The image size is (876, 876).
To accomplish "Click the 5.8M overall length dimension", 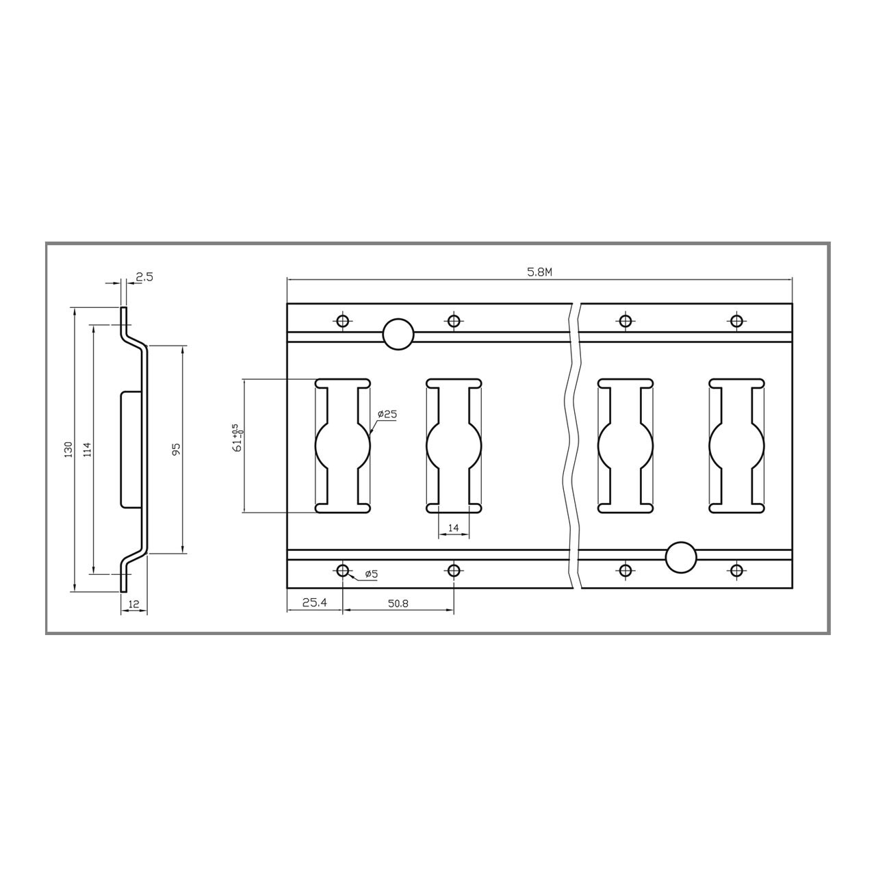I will (x=539, y=272).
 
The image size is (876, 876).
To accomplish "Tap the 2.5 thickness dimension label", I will (x=144, y=277).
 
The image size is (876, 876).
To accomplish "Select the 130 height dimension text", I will (x=68, y=450).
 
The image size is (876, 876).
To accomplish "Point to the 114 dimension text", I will (x=87, y=450).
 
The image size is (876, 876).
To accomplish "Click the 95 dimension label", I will (x=176, y=450).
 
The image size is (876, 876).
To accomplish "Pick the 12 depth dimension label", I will (x=133, y=604).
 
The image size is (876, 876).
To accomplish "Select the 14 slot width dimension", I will (x=453, y=528).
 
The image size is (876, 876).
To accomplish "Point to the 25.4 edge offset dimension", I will (x=314, y=604).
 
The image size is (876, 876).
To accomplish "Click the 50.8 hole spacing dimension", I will (x=398, y=604).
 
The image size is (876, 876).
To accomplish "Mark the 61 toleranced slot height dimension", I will (x=237, y=438).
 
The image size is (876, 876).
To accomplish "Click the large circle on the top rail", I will (x=398, y=334).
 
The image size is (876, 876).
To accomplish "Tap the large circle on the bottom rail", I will (x=681, y=557).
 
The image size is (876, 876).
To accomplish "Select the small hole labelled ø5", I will (x=343, y=570).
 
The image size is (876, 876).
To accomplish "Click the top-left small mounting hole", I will (x=343, y=320).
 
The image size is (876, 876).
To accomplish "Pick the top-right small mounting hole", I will (x=736, y=320).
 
